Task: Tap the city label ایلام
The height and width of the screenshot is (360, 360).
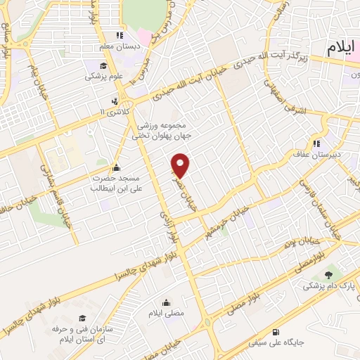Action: [342, 48]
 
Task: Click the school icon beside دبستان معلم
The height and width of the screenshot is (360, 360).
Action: [120, 34]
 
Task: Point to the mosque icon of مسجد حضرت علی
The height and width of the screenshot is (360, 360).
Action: [116, 169]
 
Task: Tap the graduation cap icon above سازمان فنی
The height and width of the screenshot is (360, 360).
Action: [82, 319]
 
